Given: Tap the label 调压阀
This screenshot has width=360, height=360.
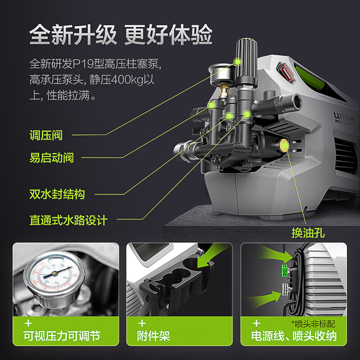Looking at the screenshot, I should coord(46,135).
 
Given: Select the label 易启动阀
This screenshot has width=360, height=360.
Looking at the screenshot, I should coord(51,157).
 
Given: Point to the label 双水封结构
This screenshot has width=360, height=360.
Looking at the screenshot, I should coord(57,194).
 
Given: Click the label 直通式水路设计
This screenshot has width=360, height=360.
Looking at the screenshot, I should coord(68,220).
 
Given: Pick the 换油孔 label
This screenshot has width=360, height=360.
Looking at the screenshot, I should coord(308,233).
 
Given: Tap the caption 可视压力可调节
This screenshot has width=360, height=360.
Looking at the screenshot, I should coord(62,336).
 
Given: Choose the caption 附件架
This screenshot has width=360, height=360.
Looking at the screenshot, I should coord(153,336).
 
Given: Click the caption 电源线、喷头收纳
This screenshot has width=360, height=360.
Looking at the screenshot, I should coord(294,336).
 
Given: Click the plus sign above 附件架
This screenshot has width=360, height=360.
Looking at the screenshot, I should coord(142,323).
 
